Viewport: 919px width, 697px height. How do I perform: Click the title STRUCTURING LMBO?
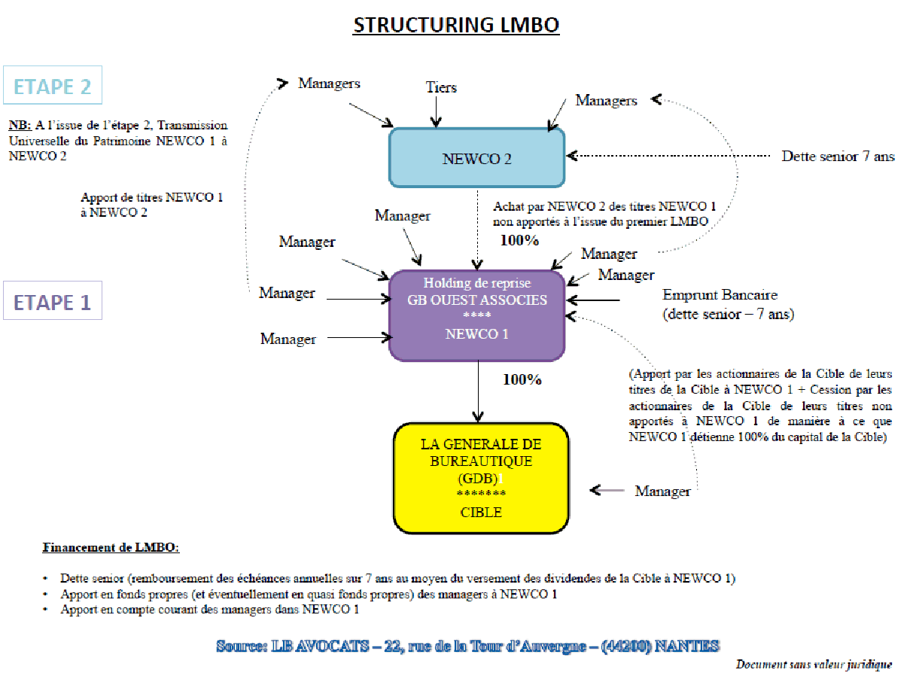[456, 25]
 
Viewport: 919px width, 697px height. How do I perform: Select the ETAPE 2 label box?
[52, 86]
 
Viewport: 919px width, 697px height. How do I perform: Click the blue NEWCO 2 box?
[476, 159]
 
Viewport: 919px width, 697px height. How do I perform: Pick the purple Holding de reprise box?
[476, 315]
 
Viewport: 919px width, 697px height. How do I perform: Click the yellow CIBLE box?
[481, 479]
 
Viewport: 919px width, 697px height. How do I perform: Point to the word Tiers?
[441, 88]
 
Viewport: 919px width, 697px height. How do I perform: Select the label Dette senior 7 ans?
[838, 157]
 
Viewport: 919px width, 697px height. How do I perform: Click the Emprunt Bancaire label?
[720, 294]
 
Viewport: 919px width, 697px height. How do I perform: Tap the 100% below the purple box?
[522, 379]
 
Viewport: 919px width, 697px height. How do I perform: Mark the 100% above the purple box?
[519, 241]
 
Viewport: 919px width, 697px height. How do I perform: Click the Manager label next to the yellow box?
[662, 492]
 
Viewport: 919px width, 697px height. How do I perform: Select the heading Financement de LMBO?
[111, 547]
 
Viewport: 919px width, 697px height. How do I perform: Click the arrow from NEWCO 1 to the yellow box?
[477, 391]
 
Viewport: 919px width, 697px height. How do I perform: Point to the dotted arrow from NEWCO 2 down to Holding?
[477, 226]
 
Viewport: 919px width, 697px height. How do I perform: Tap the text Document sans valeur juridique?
[814, 665]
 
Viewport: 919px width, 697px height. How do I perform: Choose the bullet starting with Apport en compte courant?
[209, 610]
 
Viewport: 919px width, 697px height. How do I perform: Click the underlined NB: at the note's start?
[20, 125]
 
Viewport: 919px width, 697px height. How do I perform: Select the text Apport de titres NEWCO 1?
[151, 198]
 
